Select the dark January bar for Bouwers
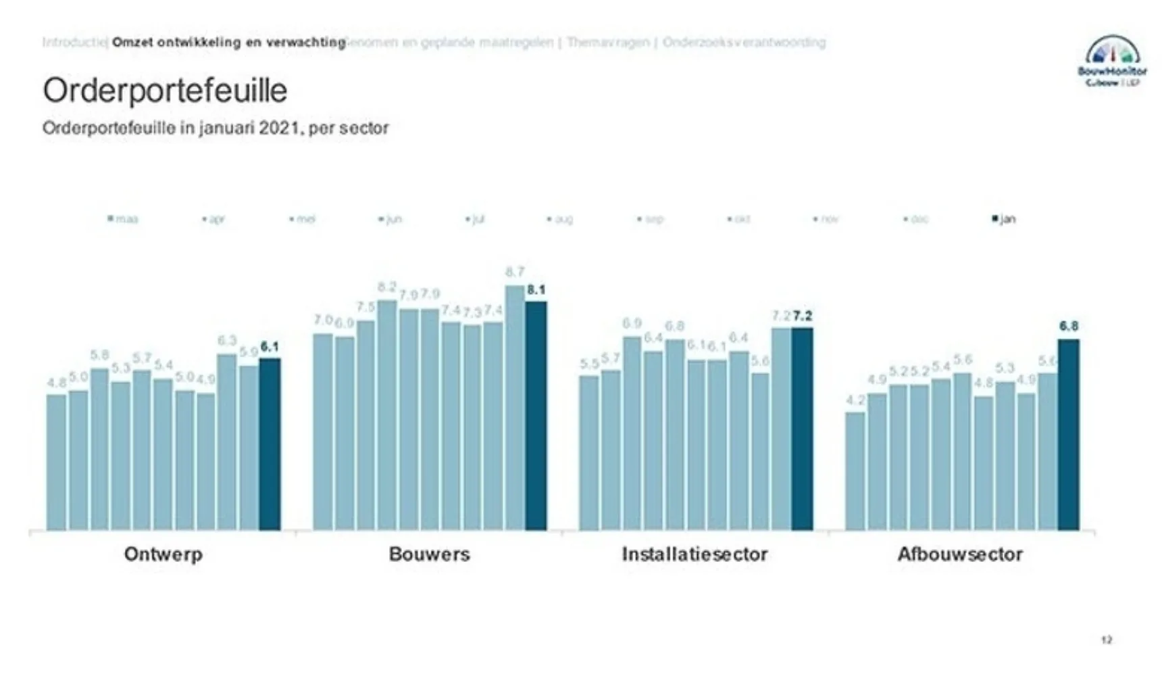pos(536,416)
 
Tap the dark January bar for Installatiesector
pos(802,429)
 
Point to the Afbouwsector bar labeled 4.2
pos(855,471)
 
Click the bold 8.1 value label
pos(536,290)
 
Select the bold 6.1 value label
pos(270,347)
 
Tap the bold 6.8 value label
pos(1069,327)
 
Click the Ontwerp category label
pos(163,554)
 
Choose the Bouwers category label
pos(430,554)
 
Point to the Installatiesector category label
pos(694,554)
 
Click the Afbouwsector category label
pos(960,554)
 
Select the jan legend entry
pos(1005,219)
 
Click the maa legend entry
pos(124,219)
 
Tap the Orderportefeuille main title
pos(165,91)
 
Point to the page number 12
pos(1106,640)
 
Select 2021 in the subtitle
pos(279,128)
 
